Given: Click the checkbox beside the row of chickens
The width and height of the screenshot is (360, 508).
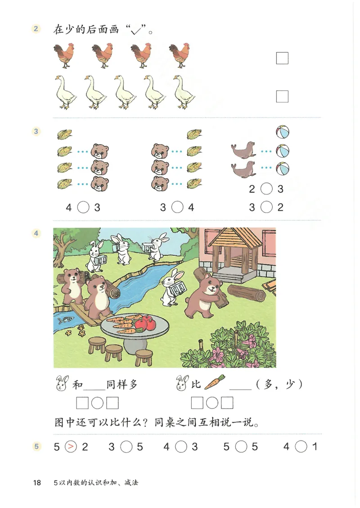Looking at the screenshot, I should (x=282, y=58).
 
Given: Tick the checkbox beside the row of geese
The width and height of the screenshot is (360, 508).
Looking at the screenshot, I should (x=282, y=96).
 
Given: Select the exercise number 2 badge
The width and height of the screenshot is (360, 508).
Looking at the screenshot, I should (x=36, y=30).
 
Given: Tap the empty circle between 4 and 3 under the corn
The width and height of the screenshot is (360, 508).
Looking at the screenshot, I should (x=83, y=208).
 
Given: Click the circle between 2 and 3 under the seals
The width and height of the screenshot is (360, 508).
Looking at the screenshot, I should (x=267, y=189).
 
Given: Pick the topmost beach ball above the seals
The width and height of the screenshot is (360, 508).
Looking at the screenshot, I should (x=282, y=132).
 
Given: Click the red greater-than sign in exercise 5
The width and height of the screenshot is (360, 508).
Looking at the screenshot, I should (x=71, y=447).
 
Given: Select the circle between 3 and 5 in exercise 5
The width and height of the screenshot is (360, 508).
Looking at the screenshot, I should (x=126, y=447).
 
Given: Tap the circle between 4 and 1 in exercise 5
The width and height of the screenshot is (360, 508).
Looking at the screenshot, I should (x=301, y=447).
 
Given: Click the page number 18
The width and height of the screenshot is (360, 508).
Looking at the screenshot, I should (x=37, y=483).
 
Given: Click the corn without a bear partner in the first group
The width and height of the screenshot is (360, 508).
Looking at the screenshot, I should (x=65, y=134).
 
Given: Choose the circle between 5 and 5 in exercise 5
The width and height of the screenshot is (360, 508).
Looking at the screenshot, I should (x=242, y=447).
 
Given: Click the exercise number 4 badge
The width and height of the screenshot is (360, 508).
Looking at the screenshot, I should (x=36, y=233).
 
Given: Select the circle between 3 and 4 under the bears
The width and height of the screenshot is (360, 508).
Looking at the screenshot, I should (x=178, y=208).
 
